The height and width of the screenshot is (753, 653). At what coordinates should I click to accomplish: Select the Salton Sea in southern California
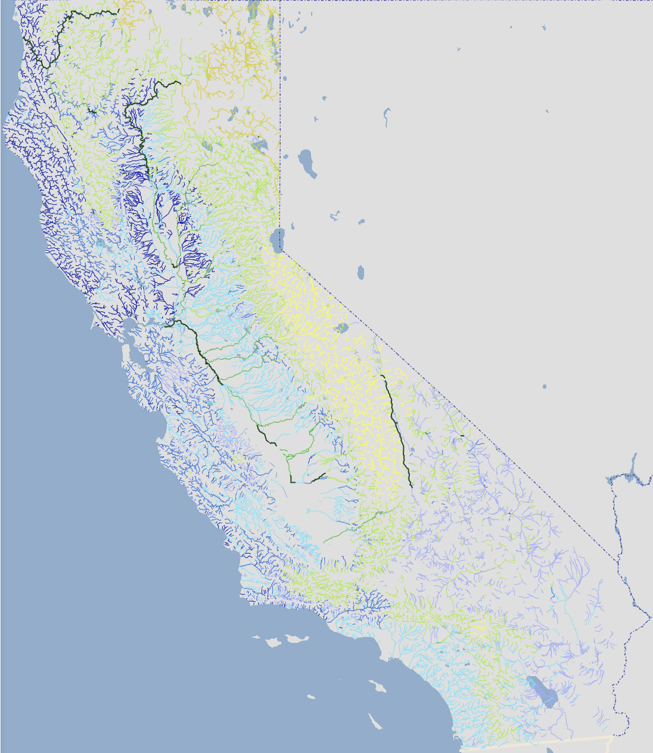pyautogui.click(x=542, y=690)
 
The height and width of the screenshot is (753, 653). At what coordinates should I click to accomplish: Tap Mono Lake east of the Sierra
pyautogui.click(x=341, y=327)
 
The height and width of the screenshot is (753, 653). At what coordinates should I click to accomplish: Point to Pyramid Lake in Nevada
pyautogui.click(x=307, y=163)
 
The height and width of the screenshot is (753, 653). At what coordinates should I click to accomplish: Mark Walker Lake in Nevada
pyautogui.click(x=360, y=273)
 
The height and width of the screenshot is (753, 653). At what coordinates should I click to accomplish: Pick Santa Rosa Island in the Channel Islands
pyautogui.click(x=273, y=642)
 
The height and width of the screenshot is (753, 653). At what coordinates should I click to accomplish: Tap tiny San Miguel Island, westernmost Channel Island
pyautogui.click(x=256, y=638)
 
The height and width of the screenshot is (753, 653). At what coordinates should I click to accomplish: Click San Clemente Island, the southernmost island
pyautogui.click(x=375, y=722)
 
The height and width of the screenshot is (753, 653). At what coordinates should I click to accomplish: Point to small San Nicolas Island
pyautogui.click(x=310, y=696)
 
